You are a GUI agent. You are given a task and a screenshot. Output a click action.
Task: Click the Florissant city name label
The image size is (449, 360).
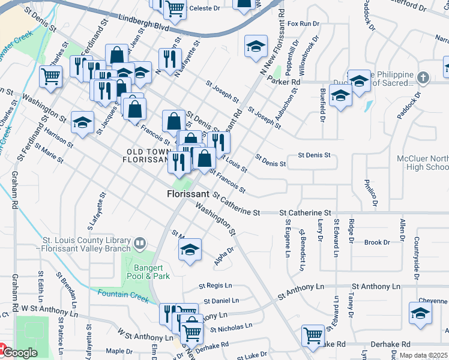pos(188,194)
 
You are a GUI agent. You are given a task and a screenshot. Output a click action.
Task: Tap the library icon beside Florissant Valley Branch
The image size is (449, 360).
pos(139,243)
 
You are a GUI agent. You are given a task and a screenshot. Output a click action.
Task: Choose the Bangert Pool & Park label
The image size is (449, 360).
pos(148,272)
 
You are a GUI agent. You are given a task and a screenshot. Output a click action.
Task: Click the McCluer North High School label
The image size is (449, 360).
pos(423,163)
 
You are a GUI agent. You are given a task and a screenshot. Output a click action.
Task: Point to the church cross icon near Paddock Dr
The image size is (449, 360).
pos(423,78)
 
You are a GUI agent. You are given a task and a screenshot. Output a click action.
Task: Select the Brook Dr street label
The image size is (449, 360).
pos(377,242)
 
